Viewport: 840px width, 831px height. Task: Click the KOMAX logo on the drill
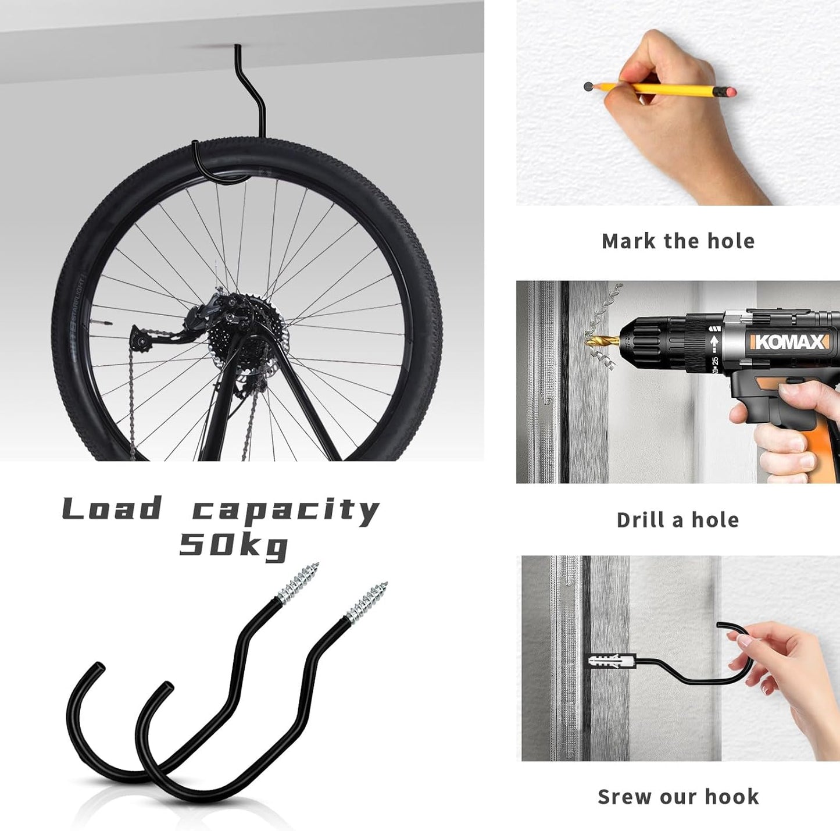point(789,342)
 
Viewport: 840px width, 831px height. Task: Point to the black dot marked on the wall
point(588,87)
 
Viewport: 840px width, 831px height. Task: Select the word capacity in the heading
point(285,511)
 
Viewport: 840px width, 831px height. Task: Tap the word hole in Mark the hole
point(731,241)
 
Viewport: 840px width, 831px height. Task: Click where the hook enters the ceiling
point(237,47)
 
